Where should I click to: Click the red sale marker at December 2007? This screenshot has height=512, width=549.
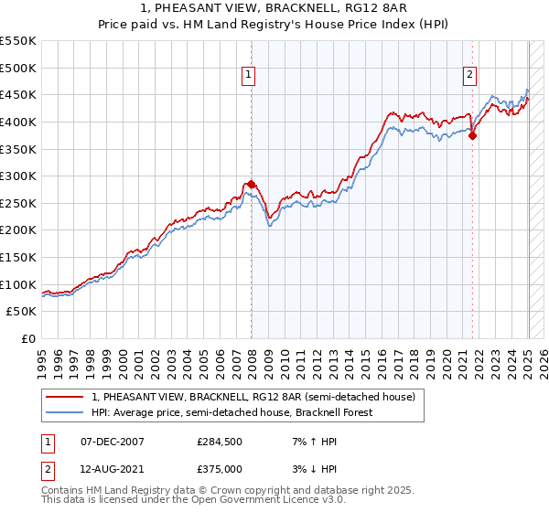(251, 184)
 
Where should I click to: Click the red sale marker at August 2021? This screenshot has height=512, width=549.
(473, 135)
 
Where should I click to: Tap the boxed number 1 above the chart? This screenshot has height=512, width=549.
(249, 76)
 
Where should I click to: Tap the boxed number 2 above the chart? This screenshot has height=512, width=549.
(469, 76)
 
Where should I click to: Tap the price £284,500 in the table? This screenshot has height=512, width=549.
(219, 442)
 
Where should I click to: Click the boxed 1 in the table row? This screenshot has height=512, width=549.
(47, 442)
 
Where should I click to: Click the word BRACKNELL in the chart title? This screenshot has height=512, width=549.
(274, 9)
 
